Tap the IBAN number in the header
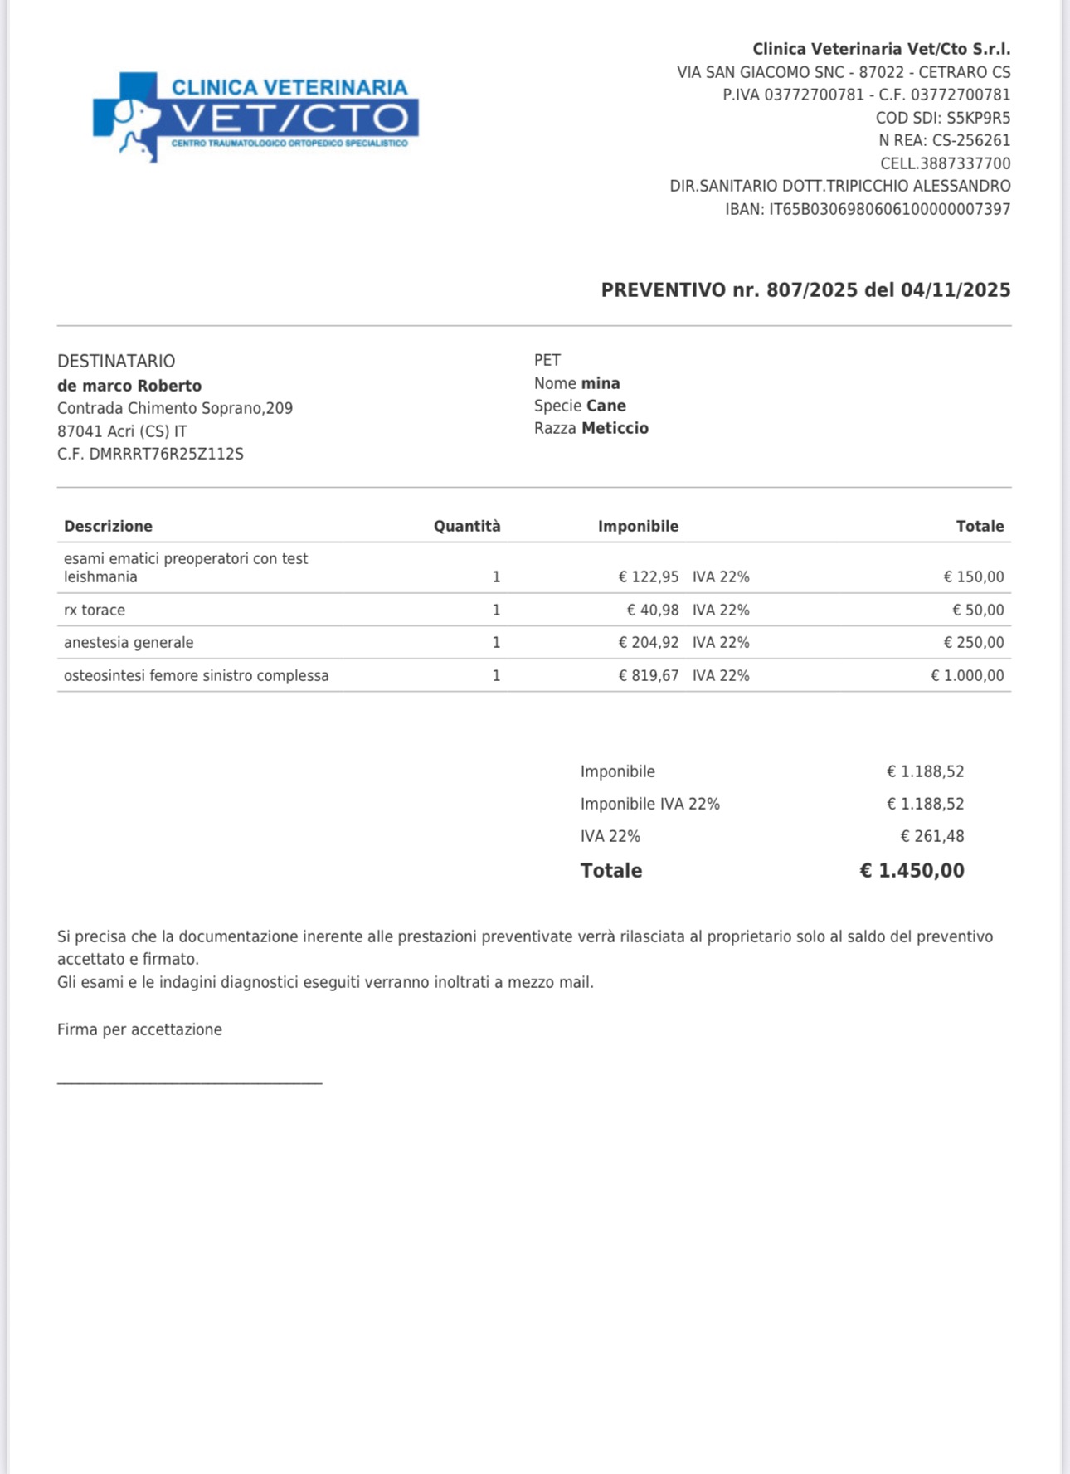tap(889, 209)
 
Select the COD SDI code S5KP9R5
tap(978, 118)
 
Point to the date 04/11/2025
tap(956, 290)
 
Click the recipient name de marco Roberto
tap(129, 386)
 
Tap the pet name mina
tap(601, 383)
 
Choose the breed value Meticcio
tap(615, 428)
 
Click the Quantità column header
tap(467, 526)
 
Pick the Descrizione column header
tap(108, 526)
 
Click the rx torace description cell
tap(95, 610)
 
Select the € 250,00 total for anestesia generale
tap(973, 642)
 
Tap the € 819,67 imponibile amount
tap(649, 675)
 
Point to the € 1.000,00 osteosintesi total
tap(966, 675)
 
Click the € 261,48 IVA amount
tap(932, 836)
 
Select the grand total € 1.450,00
tap(912, 870)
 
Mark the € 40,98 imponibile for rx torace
tap(653, 610)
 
